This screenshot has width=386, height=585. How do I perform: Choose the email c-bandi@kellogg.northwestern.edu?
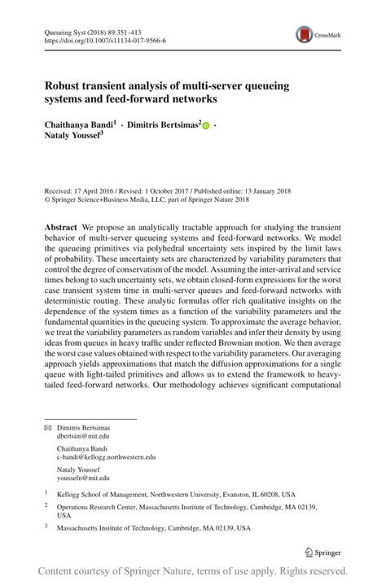coord(106,480)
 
